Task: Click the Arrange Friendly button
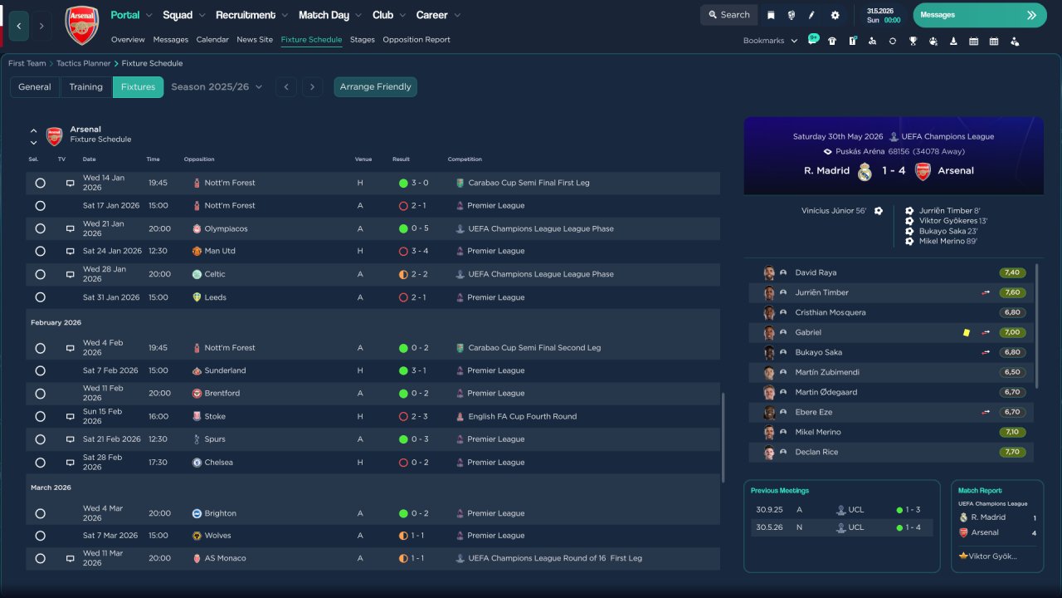pos(375,87)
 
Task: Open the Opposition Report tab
pos(417,40)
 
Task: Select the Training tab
pos(85,87)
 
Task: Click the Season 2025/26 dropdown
pos(217,87)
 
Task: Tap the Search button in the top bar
pos(728,15)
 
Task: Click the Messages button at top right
pos(979,15)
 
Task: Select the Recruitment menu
pos(251,15)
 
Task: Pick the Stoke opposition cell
pos(214,416)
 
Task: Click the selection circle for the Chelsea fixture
pos(40,463)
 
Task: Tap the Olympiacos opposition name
pos(226,228)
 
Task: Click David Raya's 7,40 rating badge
pos(1012,272)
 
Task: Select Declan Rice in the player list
pos(816,452)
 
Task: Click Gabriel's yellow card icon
pos(967,332)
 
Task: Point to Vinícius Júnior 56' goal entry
pos(834,211)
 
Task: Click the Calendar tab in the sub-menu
pos(212,40)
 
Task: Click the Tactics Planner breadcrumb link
pos(83,63)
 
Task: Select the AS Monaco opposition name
pos(225,558)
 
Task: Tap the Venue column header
pos(363,159)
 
